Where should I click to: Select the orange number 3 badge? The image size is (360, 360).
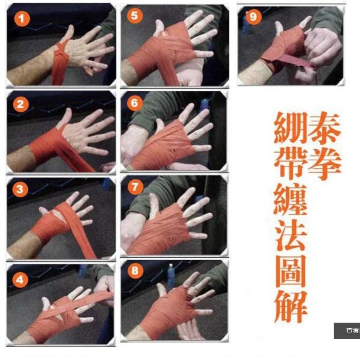[20, 189]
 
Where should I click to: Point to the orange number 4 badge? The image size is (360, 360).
[20, 279]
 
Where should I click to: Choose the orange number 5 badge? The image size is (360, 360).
[135, 16]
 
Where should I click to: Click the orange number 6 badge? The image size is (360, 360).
[135, 103]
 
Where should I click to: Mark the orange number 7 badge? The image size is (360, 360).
[135, 187]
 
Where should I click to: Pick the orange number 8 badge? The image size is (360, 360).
[135, 271]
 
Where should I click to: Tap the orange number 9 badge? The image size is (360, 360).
[253, 17]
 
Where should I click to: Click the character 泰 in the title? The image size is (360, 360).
[324, 127]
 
